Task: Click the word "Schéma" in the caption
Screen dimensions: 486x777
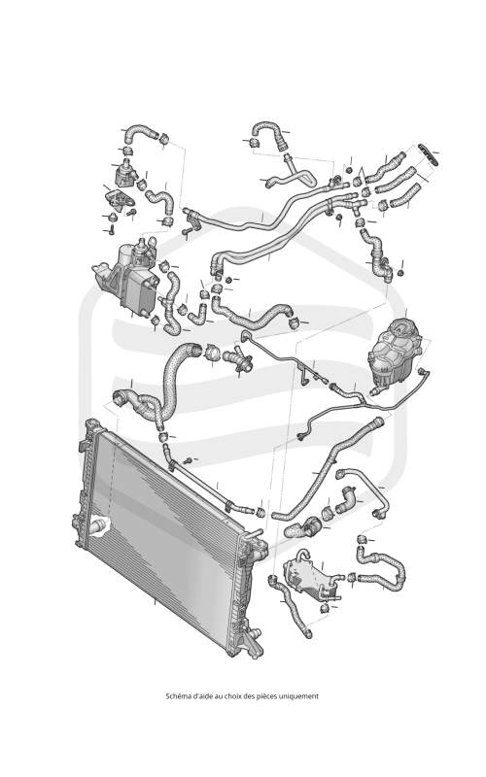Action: coord(176,696)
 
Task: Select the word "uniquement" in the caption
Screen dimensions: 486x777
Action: coord(302,696)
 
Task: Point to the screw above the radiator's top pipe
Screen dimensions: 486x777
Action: coord(188,460)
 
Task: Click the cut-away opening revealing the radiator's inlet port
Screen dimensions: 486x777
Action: coord(99,526)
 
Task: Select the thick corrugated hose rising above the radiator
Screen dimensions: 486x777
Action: coord(173,377)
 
